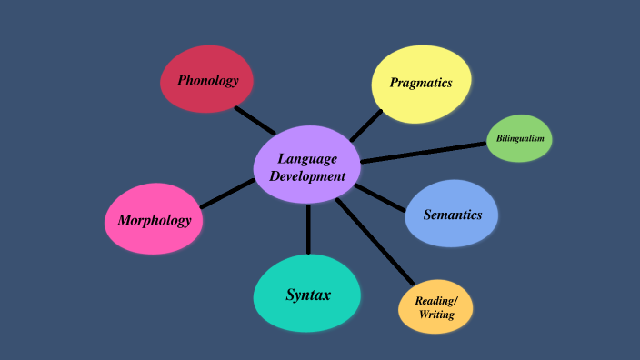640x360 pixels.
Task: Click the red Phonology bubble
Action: [x=207, y=80]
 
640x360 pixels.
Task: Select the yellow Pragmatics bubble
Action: [x=421, y=83]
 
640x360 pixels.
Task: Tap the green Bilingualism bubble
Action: [x=519, y=138]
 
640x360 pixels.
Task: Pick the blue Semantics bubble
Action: [x=452, y=215]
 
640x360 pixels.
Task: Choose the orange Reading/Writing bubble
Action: [x=436, y=307]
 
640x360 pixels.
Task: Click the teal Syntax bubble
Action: [x=307, y=294]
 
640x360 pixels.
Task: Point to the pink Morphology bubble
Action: [x=154, y=219]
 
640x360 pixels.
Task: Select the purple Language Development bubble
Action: [x=307, y=165]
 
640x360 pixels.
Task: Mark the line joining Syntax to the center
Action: [x=308, y=229]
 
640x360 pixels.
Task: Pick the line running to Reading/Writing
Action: [x=375, y=241]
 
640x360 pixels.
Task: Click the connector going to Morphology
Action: [x=227, y=193]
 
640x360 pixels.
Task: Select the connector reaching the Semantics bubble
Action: [x=380, y=197]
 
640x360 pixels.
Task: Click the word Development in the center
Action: [x=307, y=176]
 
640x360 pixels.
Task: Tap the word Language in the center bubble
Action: [x=307, y=158]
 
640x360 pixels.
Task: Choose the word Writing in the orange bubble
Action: [x=436, y=315]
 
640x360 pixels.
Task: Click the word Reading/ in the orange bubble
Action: [x=436, y=300]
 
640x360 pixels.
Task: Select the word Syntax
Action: [x=308, y=295]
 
